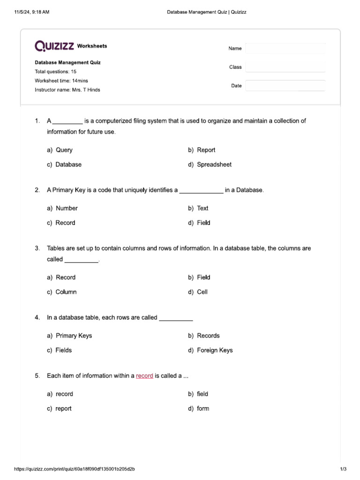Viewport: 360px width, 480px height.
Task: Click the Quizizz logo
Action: (x=54, y=45)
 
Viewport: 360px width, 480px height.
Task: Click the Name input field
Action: (x=285, y=49)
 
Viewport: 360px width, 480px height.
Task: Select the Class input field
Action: (x=285, y=67)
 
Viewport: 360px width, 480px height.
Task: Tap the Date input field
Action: (x=285, y=86)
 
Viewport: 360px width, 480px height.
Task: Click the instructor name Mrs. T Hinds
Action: (x=85, y=90)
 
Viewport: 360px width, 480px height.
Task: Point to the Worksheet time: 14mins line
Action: (x=61, y=81)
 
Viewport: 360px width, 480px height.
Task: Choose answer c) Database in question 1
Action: (x=64, y=165)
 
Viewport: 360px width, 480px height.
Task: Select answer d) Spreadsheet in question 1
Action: (x=210, y=165)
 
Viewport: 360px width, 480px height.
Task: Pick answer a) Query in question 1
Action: (x=60, y=150)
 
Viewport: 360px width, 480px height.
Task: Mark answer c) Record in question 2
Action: (x=61, y=223)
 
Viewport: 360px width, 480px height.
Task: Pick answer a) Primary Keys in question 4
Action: (x=69, y=336)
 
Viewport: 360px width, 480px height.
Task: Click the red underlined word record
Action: (x=144, y=376)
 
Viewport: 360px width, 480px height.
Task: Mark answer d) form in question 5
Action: (x=199, y=408)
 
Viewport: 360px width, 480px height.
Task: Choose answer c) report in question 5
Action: (x=59, y=408)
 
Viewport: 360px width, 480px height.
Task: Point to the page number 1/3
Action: (x=343, y=469)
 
